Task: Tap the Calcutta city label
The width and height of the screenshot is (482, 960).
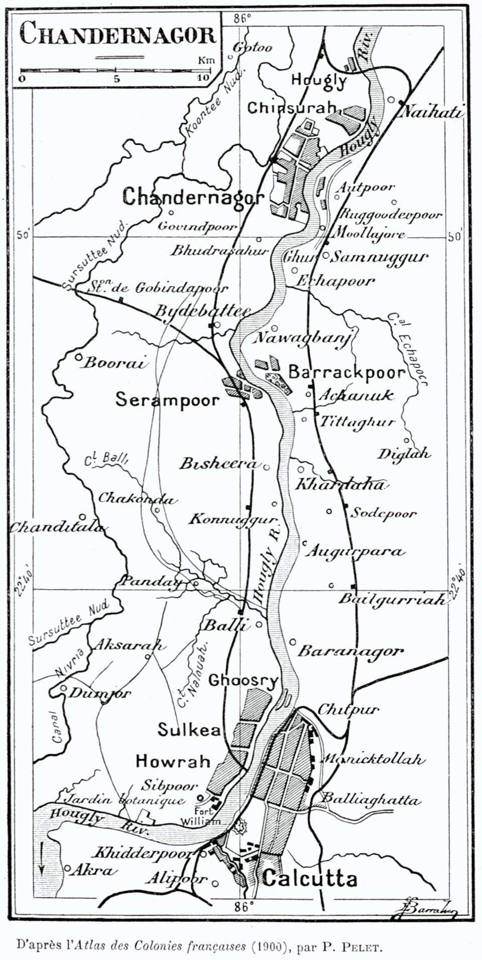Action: pyautogui.click(x=310, y=879)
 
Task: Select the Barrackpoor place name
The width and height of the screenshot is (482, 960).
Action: pyautogui.click(x=347, y=372)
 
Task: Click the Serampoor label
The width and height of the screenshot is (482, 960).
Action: pyautogui.click(x=168, y=400)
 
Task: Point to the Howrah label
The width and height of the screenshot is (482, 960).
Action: pyautogui.click(x=173, y=761)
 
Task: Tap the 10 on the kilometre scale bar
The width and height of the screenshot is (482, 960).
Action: pyautogui.click(x=203, y=78)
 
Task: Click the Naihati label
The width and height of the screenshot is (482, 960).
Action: pyautogui.click(x=432, y=112)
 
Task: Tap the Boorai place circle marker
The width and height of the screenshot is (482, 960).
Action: pyautogui.click(x=78, y=358)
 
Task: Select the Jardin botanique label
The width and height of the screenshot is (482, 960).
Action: pyautogui.click(x=126, y=800)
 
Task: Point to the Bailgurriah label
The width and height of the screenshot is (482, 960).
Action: pyautogui.click(x=392, y=599)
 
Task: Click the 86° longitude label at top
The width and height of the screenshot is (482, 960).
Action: pyautogui.click(x=242, y=19)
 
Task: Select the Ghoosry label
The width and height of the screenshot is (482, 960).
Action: pyautogui.click(x=243, y=681)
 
